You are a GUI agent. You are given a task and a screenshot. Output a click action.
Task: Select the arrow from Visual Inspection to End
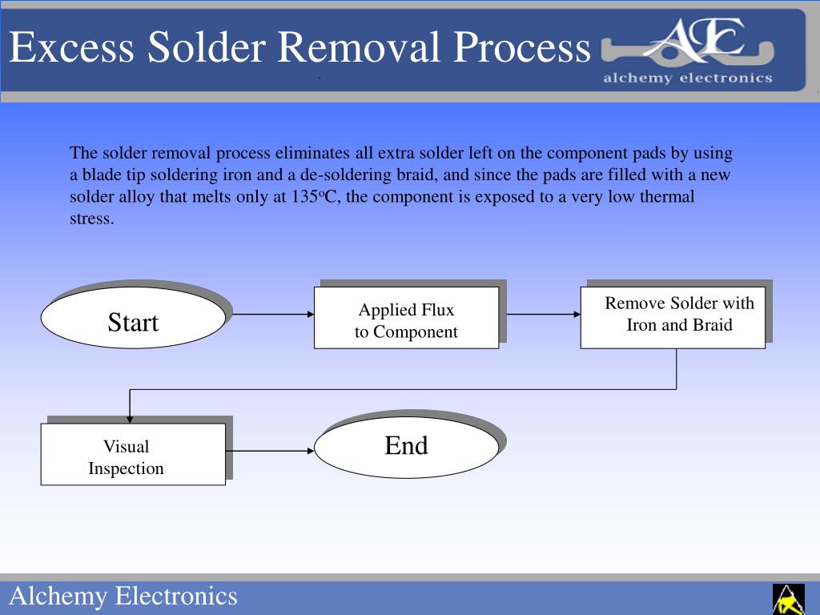tap(269, 451)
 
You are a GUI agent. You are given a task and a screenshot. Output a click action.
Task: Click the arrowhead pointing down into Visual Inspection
tap(130, 418)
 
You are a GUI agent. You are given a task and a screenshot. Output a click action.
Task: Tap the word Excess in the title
tap(71, 47)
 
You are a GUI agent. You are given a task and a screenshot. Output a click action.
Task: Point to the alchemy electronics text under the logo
tap(687, 78)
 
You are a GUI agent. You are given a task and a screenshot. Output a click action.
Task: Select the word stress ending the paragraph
tap(91, 219)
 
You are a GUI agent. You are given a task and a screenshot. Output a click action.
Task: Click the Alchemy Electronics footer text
tap(123, 597)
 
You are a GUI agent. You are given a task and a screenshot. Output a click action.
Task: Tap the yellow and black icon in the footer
tap(788, 599)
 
